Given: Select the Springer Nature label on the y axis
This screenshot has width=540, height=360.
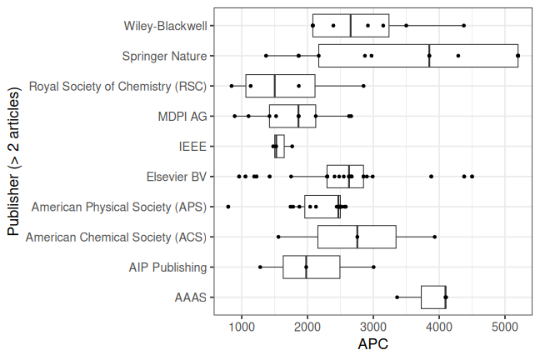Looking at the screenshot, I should pyautogui.click(x=163, y=56).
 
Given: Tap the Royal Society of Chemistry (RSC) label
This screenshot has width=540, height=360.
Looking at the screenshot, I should pyautogui.click(x=117, y=86).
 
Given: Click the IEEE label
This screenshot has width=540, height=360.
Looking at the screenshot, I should pyautogui.click(x=192, y=146).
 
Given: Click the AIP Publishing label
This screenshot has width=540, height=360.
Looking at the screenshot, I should pyautogui.click(x=167, y=267).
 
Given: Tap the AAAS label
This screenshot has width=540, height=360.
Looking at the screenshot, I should pyautogui.click(x=191, y=297).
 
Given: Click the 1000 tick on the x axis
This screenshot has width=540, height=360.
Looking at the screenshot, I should pyautogui.click(x=242, y=326).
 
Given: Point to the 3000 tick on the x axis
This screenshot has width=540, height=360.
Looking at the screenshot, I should pyautogui.click(x=373, y=326).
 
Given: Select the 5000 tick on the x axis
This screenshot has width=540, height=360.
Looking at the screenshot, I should pyautogui.click(x=505, y=326).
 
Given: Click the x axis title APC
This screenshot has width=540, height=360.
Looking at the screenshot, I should pyautogui.click(x=372, y=342).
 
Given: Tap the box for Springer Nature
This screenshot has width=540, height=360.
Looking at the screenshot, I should pyautogui.click(x=417, y=56).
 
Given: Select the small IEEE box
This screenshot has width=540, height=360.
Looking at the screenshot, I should pyautogui.click(x=279, y=146).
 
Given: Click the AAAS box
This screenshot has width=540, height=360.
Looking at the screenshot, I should pyautogui.click(x=433, y=297).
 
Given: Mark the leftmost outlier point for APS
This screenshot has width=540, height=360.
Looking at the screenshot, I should pyautogui.click(x=228, y=206).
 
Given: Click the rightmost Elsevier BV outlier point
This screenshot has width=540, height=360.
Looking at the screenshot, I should pyautogui.click(x=472, y=176).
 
